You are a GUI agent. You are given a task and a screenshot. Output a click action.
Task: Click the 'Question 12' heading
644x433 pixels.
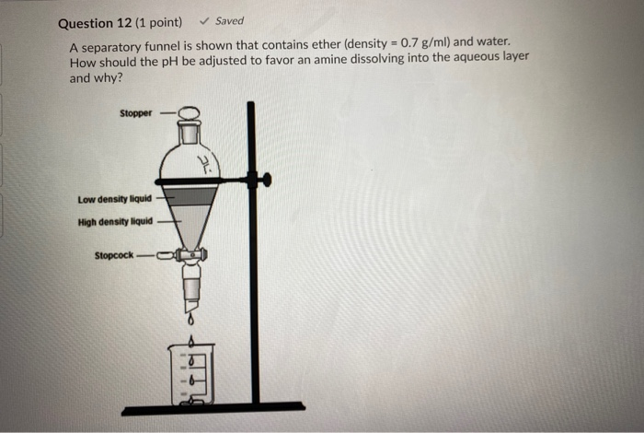[97, 22]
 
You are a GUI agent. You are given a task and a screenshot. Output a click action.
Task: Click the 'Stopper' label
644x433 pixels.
[135, 113]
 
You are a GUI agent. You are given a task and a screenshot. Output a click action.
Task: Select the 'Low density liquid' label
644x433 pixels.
[115, 197]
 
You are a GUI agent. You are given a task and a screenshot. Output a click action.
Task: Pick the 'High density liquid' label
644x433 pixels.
[115, 221]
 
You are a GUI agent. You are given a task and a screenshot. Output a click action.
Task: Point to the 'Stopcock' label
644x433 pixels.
[114, 255]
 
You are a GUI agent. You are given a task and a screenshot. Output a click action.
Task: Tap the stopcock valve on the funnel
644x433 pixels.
[190, 255]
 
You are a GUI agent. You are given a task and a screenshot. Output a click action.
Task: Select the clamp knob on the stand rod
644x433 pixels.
[267, 180]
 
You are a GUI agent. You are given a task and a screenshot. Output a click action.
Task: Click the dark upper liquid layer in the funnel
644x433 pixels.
[190, 195]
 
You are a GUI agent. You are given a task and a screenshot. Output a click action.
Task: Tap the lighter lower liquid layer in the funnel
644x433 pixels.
[190, 221]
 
